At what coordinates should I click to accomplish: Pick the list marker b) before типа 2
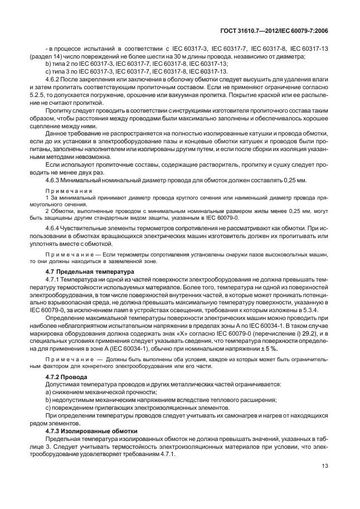point(48,64)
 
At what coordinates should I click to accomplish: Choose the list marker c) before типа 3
point(48,71)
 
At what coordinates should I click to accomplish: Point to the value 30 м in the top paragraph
point(186,57)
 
